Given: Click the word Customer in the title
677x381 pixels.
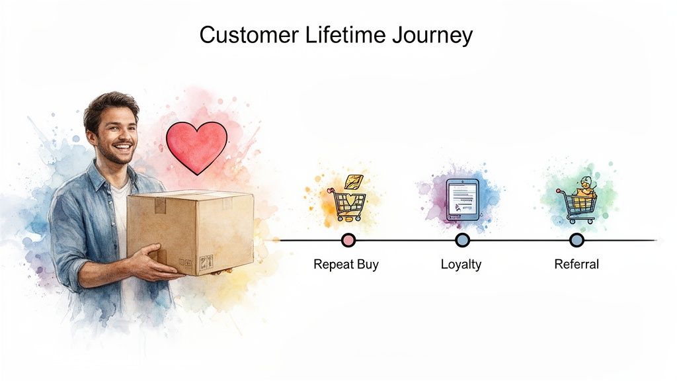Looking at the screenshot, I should [x=240, y=35].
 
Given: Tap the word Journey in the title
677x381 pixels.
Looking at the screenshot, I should [x=432, y=36].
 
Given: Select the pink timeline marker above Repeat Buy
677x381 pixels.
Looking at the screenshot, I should [x=348, y=240].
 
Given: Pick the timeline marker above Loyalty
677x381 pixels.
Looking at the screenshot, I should [x=462, y=240].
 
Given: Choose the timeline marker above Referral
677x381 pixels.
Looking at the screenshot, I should [x=577, y=240].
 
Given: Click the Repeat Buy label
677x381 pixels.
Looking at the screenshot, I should [x=346, y=265].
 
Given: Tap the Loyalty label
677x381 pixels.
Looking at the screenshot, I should [x=461, y=265].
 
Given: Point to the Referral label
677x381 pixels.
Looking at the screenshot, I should [x=576, y=265].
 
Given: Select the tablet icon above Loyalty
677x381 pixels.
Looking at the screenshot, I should [x=461, y=199].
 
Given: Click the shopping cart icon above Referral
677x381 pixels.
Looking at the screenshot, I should [x=577, y=204].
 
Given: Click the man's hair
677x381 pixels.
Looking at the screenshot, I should [x=109, y=104].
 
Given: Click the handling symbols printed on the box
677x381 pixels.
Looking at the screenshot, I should [x=206, y=261].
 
